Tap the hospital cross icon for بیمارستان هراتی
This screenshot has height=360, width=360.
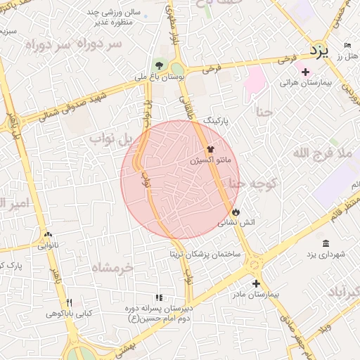click(x=305, y=71)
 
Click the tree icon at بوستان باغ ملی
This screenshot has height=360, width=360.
click(x=160, y=65)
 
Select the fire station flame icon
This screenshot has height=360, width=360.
click(x=236, y=210)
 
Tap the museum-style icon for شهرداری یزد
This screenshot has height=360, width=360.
click(x=325, y=243)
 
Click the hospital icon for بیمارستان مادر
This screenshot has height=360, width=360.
click(x=256, y=283)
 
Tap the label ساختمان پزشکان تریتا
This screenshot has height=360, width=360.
click(x=204, y=253)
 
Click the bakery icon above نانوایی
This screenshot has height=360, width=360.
click(x=48, y=236)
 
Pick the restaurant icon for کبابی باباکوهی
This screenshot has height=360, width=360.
click(x=70, y=302)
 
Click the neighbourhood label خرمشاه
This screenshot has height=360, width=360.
click(x=112, y=268)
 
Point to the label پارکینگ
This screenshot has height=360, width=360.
click(x=217, y=121)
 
